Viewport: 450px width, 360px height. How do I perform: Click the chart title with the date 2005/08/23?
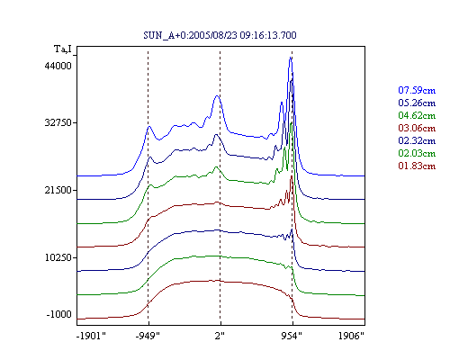pyautogui.click(x=220, y=35)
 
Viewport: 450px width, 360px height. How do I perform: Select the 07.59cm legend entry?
pyautogui.click(x=417, y=90)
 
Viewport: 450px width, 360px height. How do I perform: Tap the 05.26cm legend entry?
pyautogui.click(x=417, y=103)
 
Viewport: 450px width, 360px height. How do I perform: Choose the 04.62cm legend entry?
pyautogui.click(x=417, y=115)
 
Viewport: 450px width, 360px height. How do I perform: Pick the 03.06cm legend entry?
pyautogui.click(x=417, y=128)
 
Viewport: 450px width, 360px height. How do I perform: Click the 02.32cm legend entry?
pyautogui.click(x=417, y=140)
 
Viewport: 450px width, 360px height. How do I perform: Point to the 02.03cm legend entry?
pyautogui.click(x=417, y=153)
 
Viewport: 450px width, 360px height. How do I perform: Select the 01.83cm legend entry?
pyautogui.click(x=417, y=166)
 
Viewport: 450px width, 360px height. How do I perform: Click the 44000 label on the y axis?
pyautogui.click(x=58, y=66)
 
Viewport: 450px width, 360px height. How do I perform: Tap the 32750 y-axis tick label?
pyautogui.click(x=58, y=122)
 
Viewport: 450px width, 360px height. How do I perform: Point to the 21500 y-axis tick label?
pyautogui.click(x=58, y=190)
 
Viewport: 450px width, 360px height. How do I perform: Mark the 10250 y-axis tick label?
pyautogui.click(x=58, y=257)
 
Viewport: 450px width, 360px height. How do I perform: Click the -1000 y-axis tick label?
pyautogui.click(x=59, y=314)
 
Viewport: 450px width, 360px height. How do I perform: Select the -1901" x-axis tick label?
pyautogui.click(x=91, y=336)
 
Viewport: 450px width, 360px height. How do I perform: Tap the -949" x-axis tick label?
pyautogui.click(x=148, y=336)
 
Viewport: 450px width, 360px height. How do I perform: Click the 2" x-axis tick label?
pyautogui.click(x=220, y=336)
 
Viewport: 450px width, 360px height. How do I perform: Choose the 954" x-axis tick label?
pyautogui.click(x=292, y=336)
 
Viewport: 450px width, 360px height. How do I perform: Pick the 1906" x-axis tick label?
pyautogui.click(x=351, y=336)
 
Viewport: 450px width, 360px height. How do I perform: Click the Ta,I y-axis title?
pyautogui.click(x=63, y=49)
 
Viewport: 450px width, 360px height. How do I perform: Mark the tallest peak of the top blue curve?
pyautogui.click(x=291, y=58)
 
